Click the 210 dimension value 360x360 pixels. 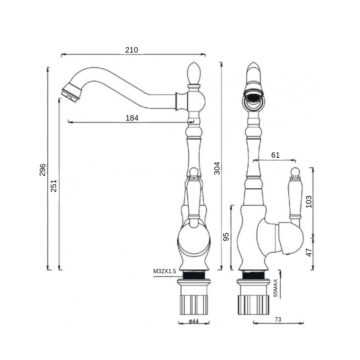131,50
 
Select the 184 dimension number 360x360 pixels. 132,118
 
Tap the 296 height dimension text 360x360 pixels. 42,170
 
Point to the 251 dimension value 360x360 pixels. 54,185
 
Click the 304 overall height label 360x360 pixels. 217,168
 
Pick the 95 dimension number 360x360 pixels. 226,237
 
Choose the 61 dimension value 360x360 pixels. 275,155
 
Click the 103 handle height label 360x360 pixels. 309,202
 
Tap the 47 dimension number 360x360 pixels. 309,253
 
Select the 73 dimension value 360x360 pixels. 278,319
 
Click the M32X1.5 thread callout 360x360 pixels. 165,271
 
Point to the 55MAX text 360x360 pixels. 275,288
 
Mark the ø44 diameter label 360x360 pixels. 194,321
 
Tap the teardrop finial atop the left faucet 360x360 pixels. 194,73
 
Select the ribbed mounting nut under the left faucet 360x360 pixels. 194,305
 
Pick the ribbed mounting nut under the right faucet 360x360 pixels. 253,305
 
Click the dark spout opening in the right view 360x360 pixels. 253,98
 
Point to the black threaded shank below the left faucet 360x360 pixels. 194,275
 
